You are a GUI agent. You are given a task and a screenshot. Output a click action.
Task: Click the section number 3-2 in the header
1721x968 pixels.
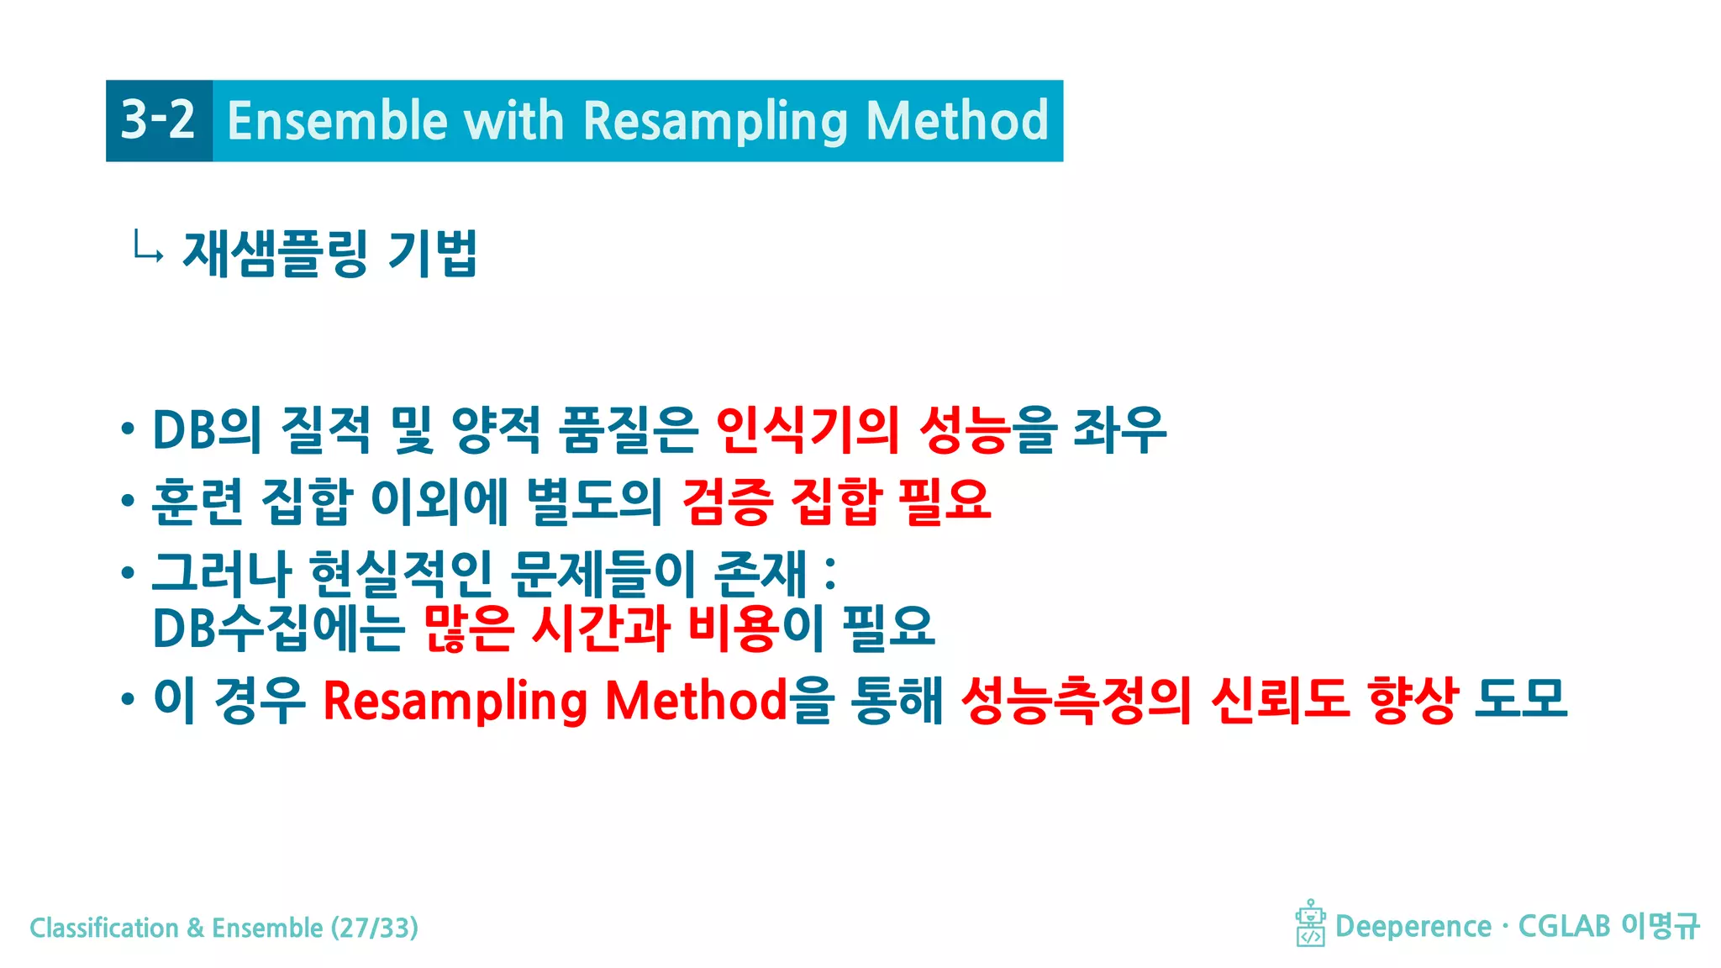click(158, 120)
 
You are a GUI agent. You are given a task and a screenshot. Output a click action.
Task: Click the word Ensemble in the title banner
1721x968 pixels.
click(336, 120)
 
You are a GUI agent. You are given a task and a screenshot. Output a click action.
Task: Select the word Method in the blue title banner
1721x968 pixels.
click(957, 120)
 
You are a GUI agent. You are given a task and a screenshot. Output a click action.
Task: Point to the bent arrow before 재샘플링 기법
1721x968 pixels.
click(147, 249)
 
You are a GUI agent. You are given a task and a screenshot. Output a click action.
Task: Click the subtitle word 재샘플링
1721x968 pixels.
click(275, 253)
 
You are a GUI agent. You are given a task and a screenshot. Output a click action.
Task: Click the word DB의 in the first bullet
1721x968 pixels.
click(207, 429)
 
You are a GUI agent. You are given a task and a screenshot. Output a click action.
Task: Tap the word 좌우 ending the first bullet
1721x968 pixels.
click(1119, 429)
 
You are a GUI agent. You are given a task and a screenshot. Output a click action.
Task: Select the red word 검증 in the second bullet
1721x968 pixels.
click(727, 502)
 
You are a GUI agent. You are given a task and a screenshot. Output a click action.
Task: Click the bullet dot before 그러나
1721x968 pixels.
click(128, 573)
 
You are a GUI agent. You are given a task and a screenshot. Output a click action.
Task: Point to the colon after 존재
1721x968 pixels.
click(830, 573)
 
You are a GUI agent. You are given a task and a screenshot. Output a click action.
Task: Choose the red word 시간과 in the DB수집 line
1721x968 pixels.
click(601, 628)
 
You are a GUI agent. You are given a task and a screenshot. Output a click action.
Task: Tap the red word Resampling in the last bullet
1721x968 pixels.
click(455, 701)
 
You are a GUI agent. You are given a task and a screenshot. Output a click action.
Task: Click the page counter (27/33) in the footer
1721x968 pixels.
click(375, 928)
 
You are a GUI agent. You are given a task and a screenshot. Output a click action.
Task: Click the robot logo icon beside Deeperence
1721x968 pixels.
click(1310, 923)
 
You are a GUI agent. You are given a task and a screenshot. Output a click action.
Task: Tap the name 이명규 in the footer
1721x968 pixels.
click(1660, 926)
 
